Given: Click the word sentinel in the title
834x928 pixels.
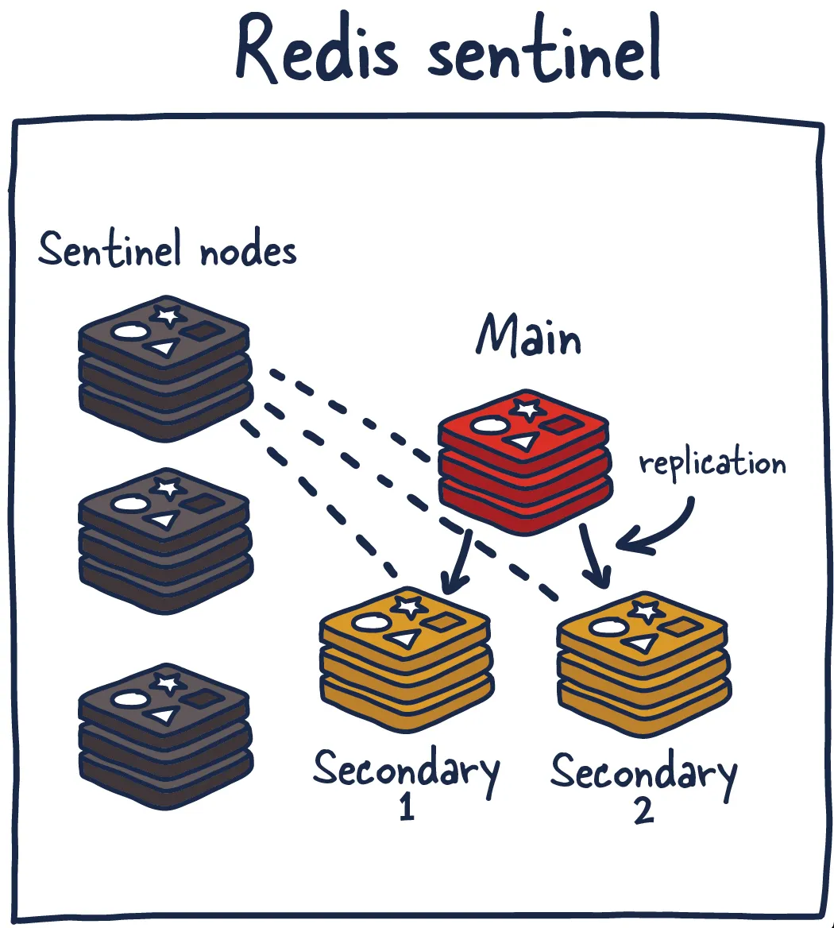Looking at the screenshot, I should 544,52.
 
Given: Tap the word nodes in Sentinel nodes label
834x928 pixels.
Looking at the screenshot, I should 248,252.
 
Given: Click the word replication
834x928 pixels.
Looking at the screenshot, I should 712,462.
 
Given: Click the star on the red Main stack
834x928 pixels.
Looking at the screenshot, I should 525,410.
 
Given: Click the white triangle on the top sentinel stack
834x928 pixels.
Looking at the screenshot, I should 161,348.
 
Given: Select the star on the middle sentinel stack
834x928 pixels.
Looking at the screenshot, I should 167,487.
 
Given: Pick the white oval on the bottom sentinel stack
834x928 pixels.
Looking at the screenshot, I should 130,699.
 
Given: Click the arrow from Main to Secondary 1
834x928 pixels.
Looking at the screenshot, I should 459,563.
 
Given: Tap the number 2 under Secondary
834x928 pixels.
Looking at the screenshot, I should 643,810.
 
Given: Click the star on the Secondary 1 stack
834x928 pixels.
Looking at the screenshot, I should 408,607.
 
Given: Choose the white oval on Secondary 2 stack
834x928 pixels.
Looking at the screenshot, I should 607,628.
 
